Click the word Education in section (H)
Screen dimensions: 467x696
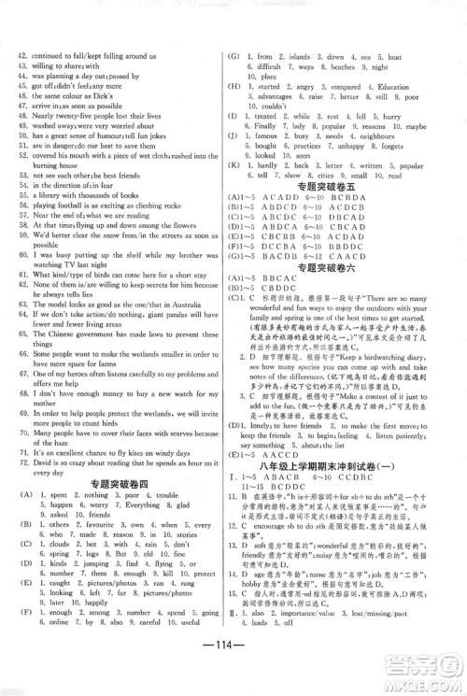click(401, 87)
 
